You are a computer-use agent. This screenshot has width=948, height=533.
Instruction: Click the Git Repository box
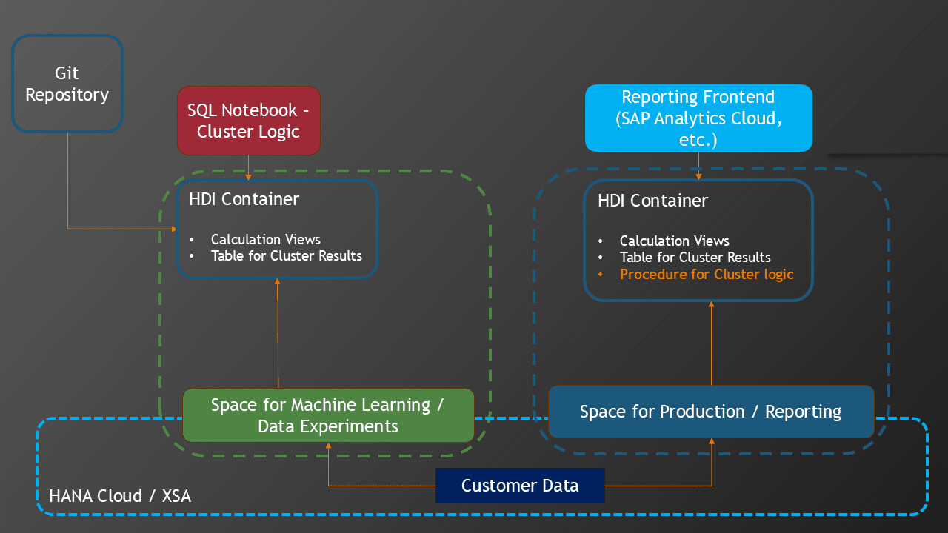pos(67,84)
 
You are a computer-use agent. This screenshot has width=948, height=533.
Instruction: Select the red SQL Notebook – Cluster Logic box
pos(248,121)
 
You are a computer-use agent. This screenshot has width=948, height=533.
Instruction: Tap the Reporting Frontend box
pos(698,118)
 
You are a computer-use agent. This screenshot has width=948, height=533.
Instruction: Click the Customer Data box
pos(520,486)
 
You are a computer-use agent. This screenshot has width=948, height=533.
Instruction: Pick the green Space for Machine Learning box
pos(327,415)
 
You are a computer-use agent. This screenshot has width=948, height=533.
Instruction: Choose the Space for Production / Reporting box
pos(710,412)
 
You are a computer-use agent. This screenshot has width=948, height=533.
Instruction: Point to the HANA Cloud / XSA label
pos(120,496)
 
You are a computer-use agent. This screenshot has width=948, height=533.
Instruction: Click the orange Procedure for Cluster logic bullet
pos(706,275)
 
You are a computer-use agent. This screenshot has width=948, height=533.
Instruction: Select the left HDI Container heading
pos(244,199)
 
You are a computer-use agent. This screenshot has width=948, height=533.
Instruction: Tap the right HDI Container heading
pos(653,201)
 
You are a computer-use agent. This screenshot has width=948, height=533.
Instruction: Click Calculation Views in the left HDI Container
pos(266,239)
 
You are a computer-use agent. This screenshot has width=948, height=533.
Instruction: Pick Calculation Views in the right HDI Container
pos(675,241)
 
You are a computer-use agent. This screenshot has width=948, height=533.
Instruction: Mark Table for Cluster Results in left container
pos(287,255)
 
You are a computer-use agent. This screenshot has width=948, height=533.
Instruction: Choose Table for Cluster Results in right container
pos(695,258)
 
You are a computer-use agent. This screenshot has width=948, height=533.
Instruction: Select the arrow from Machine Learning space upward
pos(278,333)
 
